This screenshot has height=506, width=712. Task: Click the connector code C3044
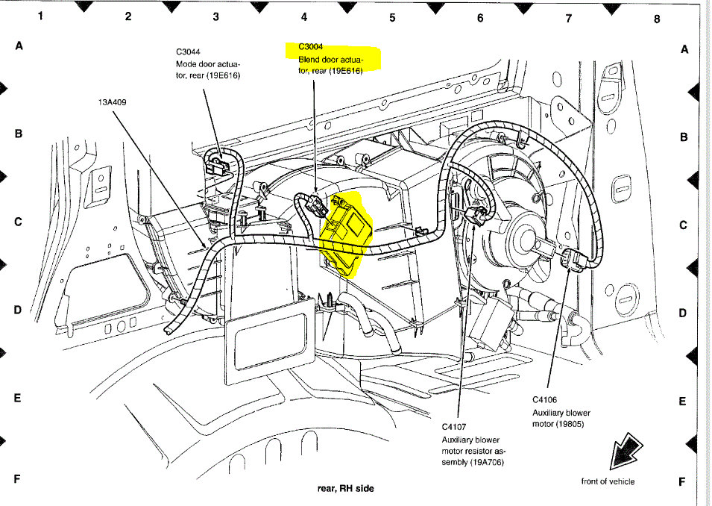[189, 52]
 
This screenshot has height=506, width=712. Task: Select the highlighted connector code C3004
[312, 46]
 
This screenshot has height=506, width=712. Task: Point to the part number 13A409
[112, 103]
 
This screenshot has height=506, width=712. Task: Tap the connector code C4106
[545, 400]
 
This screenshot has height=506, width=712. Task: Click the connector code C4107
[455, 427]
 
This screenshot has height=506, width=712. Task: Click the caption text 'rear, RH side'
[345, 489]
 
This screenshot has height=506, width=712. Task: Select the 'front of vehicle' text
[608, 481]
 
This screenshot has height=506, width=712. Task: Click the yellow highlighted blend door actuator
[344, 231]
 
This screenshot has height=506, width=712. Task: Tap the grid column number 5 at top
[392, 18]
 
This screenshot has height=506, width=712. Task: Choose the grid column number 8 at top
[657, 19]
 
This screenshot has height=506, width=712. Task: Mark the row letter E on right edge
[682, 401]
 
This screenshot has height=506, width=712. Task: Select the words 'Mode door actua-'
[208, 64]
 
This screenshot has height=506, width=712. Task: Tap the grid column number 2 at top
[128, 16]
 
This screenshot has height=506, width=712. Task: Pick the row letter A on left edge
[19, 46]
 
